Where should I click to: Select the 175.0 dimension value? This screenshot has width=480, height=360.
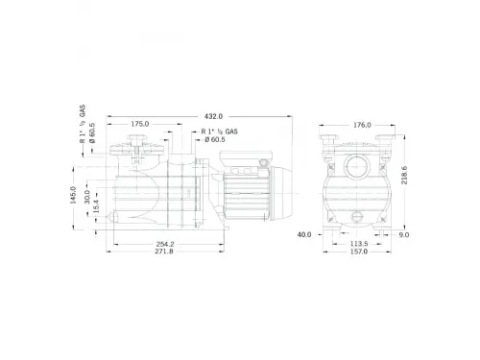(x=141, y=124)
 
